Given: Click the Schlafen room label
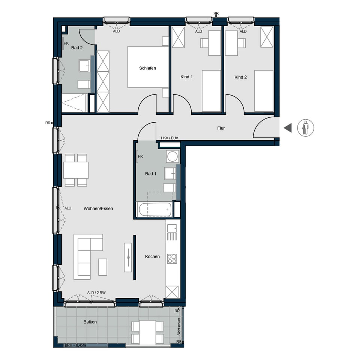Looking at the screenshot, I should pyautogui.click(x=147, y=68).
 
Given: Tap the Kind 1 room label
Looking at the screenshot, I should pyautogui.click(x=186, y=77).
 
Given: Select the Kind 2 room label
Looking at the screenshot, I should pyautogui.click(x=240, y=77).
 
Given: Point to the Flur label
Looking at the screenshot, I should pyautogui.click(x=221, y=128).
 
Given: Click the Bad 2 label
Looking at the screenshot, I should pyautogui.click(x=76, y=48).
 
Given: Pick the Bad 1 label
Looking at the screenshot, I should pyautogui.click(x=151, y=174).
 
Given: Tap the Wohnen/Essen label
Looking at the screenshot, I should pyautogui.click(x=98, y=208).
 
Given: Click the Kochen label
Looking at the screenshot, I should pyautogui.click(x=153, y=257).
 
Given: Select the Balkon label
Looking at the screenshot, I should pyautogui.click(x=90, y=322).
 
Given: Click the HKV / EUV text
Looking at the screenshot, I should pyautogui.click(x=169, y=138).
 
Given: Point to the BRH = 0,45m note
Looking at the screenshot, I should pyautogui.click(x=75, y=345).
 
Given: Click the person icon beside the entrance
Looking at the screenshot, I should pyautogui.click(x=306, y=128).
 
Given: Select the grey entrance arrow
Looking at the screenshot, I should pyautogui.click(x=288, y=128).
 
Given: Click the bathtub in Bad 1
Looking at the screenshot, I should pyautogui.click(x=155, y=210).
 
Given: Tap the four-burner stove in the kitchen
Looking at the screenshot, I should pyautogui.click(x=172, y=258).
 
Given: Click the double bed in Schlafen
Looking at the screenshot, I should pyautogui.click(x=148, y=67).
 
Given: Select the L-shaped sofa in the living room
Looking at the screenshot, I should pyautogui.click(x=85, y=255).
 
